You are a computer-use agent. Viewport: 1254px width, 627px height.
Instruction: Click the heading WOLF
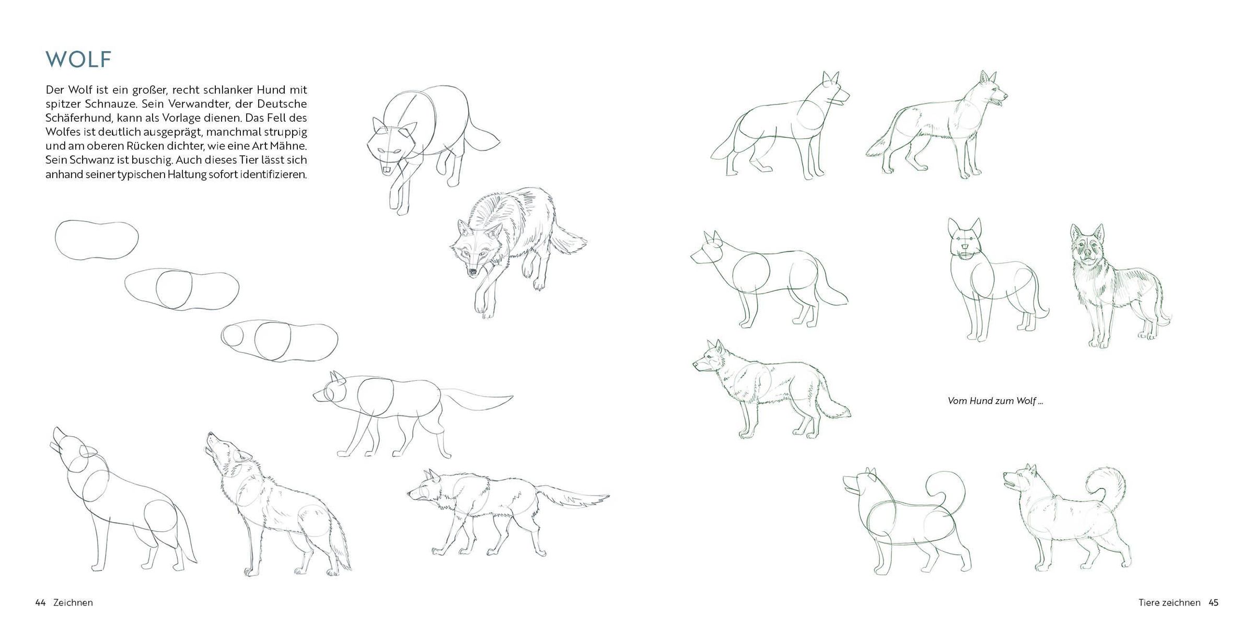pyautogui.click(x=78, y=60)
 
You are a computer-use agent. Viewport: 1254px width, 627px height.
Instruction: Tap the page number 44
pyautogui.click(x=40, y=602)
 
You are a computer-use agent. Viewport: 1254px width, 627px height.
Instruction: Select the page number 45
pyautogui.click(x=1213, y=602)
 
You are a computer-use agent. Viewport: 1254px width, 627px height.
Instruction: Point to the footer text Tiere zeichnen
pyautogui.click(x=1169, y=602)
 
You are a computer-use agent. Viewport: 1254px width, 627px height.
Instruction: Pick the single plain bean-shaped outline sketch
pyautogui.click(x=97, y=240)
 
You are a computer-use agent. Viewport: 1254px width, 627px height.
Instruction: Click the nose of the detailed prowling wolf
pyautogui.click(x=472, y=272)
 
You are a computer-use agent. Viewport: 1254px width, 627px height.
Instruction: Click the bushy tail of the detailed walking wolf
pyautogui.click(x=572, y=496)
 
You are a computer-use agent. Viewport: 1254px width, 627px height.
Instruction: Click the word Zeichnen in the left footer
pyautogui.click(x=73, y=602)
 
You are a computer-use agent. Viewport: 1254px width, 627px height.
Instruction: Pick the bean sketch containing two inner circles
pyautogui.click(x=280, y=341)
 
